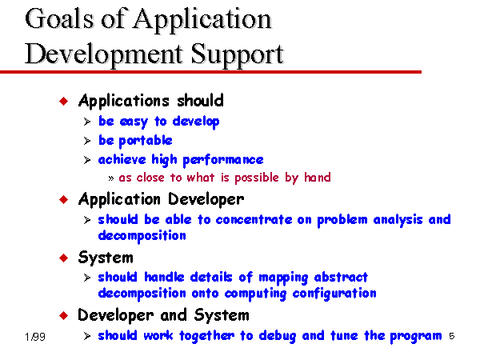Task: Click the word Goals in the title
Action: click(58, 18)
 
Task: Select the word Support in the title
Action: click(238, 55)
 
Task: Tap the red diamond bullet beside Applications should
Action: click(64, 101)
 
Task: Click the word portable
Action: click(146, 141)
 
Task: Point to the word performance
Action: click(223, 160)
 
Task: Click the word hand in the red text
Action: click(318, 178)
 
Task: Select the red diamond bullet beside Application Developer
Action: click(64, 199)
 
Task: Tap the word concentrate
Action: click(254, 220)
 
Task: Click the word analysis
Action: click(398, 220)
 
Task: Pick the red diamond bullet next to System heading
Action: click(64, 258)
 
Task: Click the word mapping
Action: click(283, 278)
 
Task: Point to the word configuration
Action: click(334, 294)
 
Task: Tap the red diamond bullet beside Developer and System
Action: click(64, 315)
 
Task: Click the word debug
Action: click(278, 336)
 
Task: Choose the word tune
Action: click(344, 336)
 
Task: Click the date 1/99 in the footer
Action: click(35, 337)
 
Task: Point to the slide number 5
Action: click(452, 336)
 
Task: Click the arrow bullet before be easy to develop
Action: click(87, 122)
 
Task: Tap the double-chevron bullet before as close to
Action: click(111, 178)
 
